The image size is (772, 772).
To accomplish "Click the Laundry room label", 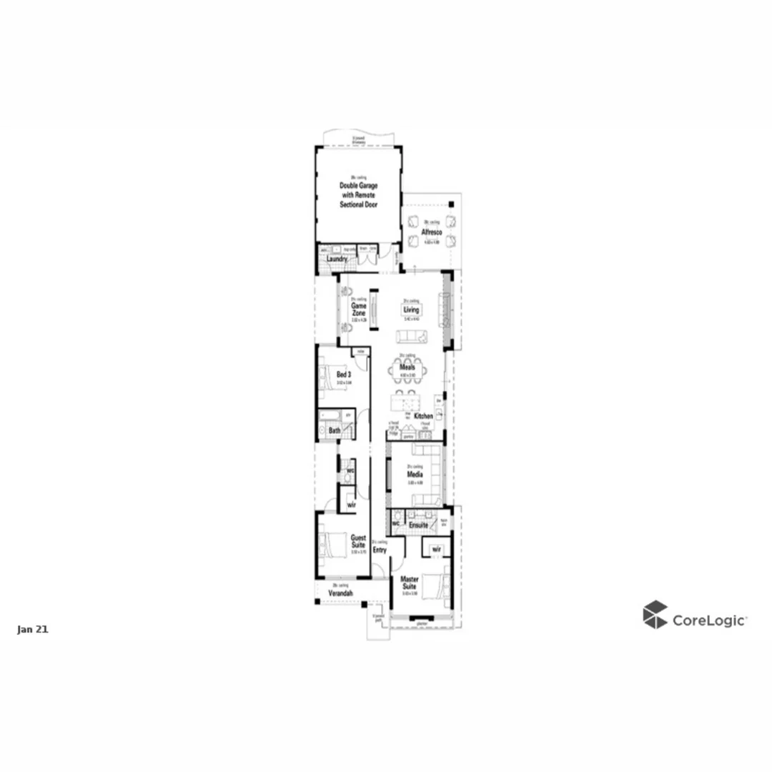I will [337, 259].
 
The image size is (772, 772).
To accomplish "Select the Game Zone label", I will [358, 309].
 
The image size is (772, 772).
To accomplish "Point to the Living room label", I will [411, 310].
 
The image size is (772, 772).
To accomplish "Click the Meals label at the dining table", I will [407, 367].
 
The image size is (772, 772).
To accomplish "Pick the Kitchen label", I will [423, 416].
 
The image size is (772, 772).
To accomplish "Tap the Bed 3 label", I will [344, 374].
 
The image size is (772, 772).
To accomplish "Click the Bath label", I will [335, 430].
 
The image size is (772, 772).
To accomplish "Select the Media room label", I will [414, 474].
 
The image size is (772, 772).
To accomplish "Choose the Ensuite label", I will [418, 525].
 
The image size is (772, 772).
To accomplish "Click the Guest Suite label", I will [358, 540].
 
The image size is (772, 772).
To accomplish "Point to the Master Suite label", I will [410, 583].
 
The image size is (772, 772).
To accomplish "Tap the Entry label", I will [380, 550].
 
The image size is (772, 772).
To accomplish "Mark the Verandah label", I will [340, 593].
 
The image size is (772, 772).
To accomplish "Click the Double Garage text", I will [359, 186].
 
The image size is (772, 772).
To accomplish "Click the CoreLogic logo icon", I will [655, 615].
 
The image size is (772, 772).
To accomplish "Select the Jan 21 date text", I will [32, 630].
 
